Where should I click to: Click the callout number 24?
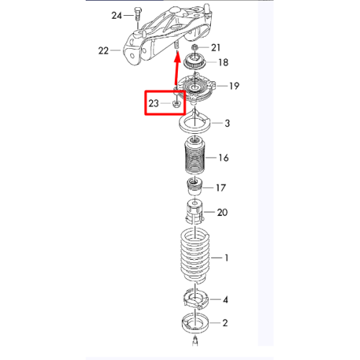point(117,16)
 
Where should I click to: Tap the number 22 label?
point(104,50)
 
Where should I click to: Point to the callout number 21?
point(215,48)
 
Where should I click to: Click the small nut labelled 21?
point(194,47)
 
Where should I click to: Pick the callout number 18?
point(223,63)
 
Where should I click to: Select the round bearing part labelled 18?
point(194,61)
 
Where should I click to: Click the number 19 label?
point(234,86)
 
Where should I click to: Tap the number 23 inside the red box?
point(153,104)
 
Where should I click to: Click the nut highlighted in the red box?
point(176,104)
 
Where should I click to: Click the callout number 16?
point(223,158)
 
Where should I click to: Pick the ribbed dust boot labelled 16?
point(194,155)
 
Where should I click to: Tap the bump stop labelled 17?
point(194,186)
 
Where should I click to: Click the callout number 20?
point(222,212)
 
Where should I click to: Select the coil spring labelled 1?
point(195,255)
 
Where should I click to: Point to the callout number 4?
point(225,300)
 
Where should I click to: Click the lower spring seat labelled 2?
point(195,323)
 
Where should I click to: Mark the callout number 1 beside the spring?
point(226,258)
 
